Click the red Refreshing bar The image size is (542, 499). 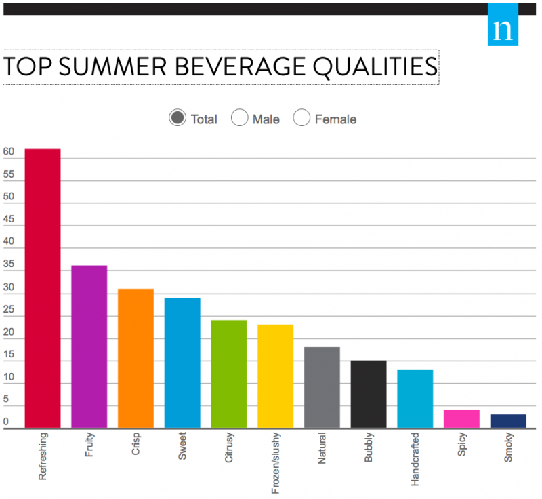pyautogui.click(x=43, y=288)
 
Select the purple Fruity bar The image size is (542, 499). pyautogui.click(x=89, y=346)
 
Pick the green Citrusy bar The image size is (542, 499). pyautogui.click(x=229, y=374)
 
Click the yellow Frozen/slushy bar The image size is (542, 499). pyautogui.click(x=275, y=376)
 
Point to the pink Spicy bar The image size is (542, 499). pyautogui.click(x=461, y=419)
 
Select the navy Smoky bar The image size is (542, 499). pyautogui.click(x=508, y=421)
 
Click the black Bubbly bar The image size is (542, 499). pyautogui.click(x=369, y=394)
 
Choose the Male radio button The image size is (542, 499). pyautogui.click(x=240, y=118)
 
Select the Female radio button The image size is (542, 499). pyautogui.click(x=301, y=118)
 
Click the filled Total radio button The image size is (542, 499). pyautogui.click(x=178, y=118)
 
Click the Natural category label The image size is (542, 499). pyautogui.click(x=322, y=451)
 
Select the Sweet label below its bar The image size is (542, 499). pyautogui.click(x=182, y=448)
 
